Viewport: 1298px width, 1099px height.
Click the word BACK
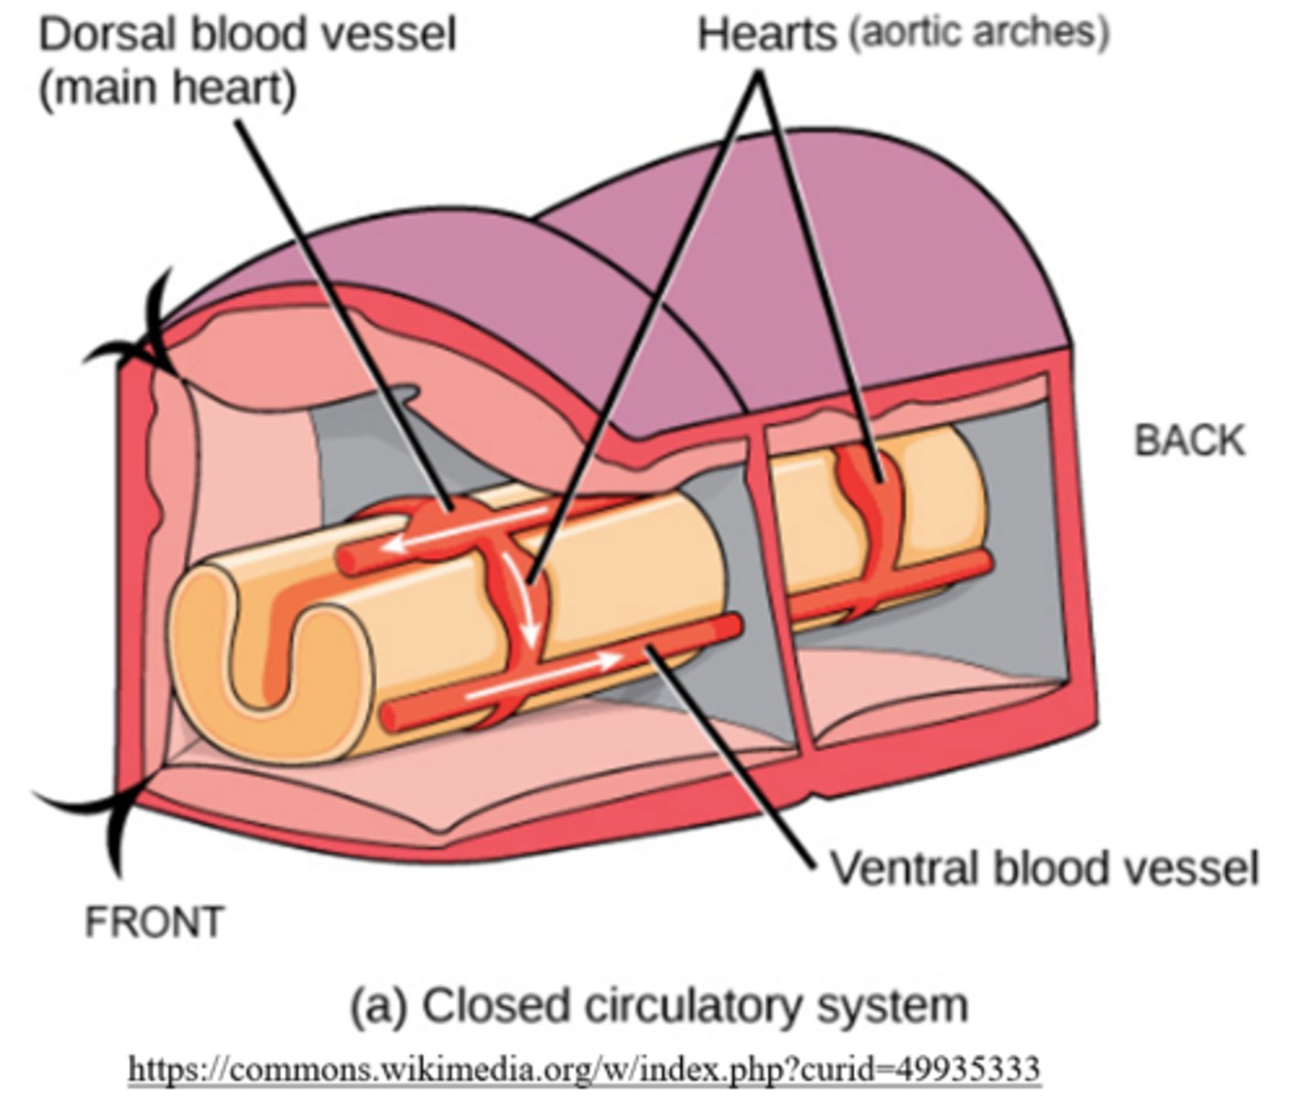click(1189, 441)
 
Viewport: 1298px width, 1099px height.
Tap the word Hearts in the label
click(767, 36)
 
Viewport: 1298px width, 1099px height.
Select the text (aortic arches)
click(977, 33)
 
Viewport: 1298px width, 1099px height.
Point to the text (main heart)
click(167, 89)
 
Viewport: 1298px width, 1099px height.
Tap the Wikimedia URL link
click(583, 1068)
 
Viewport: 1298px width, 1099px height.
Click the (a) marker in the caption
click(376, 1006)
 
